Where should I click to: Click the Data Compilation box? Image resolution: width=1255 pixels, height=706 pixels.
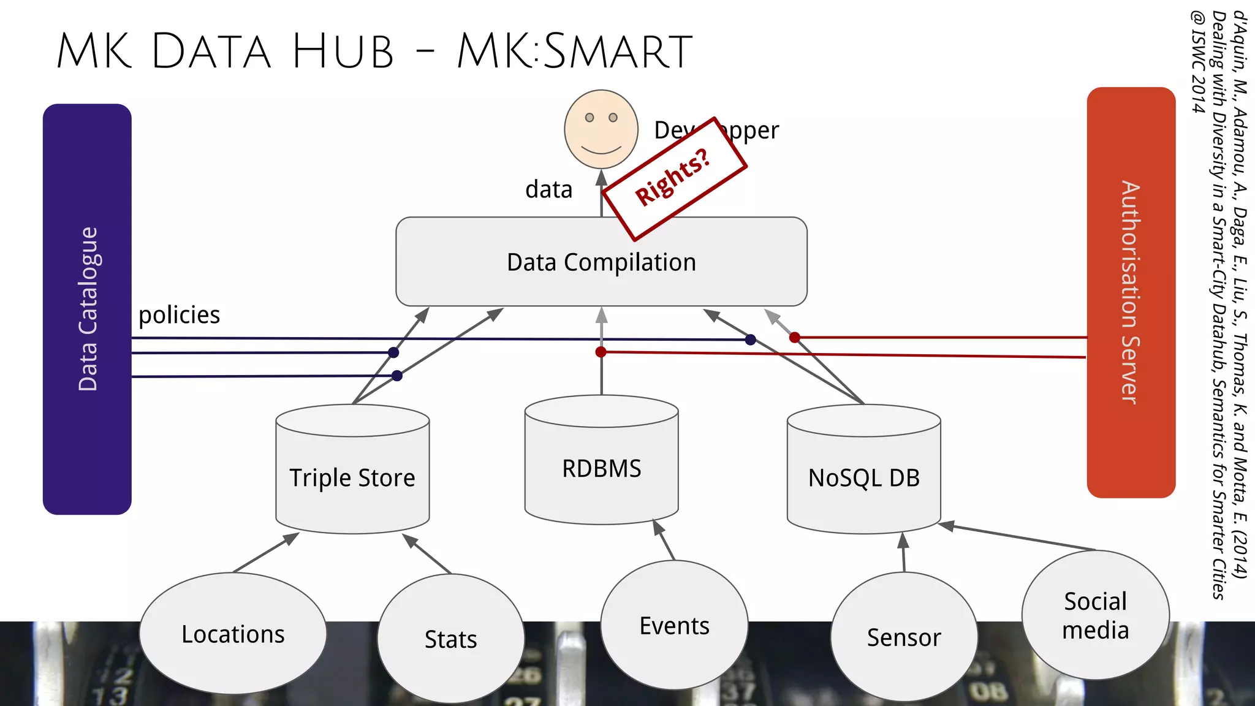(601, 262)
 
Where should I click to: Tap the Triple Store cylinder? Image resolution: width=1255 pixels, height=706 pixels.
(352, 478)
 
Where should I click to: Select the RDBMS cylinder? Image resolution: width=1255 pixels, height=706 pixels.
(601, 469)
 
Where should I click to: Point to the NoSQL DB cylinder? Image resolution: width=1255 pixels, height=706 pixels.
(863, 478)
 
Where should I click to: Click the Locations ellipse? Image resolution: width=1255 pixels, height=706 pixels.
(233, 634)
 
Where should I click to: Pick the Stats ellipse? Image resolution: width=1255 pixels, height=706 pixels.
(450, 639)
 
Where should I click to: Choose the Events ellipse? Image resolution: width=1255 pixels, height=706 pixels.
(674, 626)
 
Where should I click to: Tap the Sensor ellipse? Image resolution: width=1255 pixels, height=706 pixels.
(904, 637)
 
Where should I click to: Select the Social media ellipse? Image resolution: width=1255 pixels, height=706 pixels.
(1095, 615)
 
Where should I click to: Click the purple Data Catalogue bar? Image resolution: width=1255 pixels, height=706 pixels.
(87, 309)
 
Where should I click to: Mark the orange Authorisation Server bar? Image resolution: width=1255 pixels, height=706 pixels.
(1131, 292)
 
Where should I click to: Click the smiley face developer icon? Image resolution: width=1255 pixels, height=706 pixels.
(601, 129)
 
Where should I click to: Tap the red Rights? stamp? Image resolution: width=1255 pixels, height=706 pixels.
(674, 178)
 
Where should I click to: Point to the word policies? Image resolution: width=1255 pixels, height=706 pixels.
(179, 315)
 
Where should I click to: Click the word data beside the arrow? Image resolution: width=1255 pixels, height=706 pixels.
(548, 189)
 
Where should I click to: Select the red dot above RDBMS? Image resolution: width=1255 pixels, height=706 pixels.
(601, 352)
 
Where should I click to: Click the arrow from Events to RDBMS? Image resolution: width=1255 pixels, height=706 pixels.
(664, 540)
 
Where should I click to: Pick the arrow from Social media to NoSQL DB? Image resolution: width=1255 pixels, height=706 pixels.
(1017, 537)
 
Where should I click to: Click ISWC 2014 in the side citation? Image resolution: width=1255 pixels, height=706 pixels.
(1198, 61)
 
